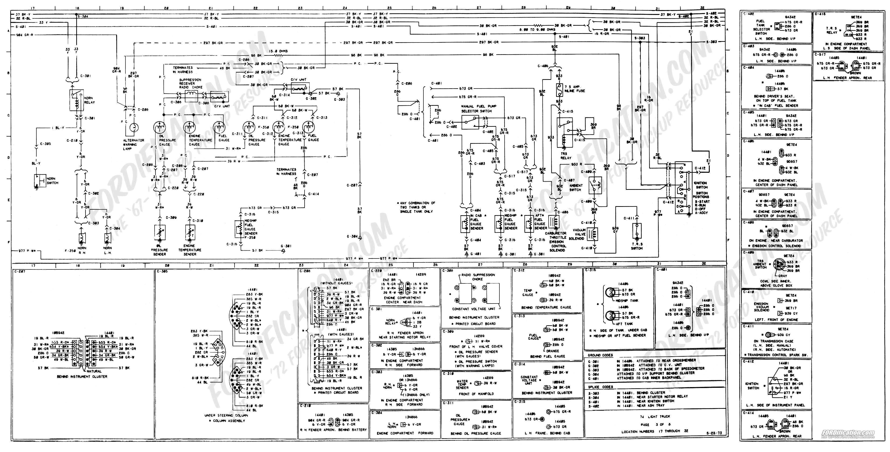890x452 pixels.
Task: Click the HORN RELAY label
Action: [89, 100]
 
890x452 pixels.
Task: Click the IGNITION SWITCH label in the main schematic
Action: [701, 185]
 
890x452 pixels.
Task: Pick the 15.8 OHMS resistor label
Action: [278, 51]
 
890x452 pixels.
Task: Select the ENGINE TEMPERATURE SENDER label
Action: [190, 252]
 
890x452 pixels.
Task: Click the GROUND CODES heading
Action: [600, 355]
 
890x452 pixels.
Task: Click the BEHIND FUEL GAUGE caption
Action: [548, 356]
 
